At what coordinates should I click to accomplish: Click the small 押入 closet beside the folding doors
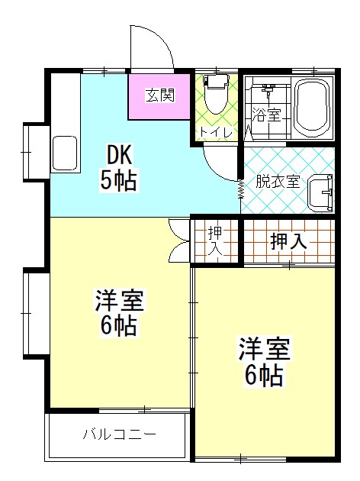[214, 241]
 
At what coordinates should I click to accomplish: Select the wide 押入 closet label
[288, 241]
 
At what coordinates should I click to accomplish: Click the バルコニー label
[120, 435]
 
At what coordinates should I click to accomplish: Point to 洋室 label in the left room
[119, 300]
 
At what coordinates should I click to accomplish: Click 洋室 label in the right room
[264, 349]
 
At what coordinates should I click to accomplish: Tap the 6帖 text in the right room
[264, 375]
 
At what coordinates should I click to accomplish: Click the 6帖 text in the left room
[119, 326]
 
